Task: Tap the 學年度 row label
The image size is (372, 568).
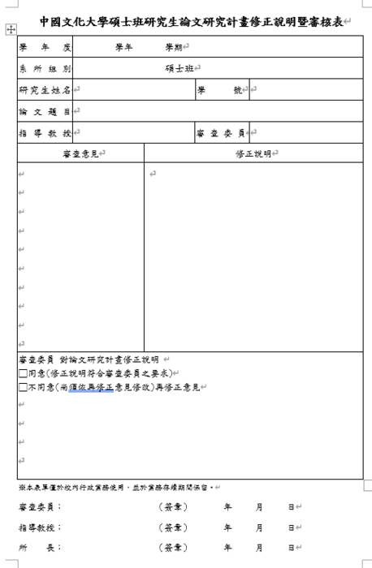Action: point(45,47)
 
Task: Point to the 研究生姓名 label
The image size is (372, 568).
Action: point(45,89)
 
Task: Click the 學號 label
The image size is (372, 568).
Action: point(221,89)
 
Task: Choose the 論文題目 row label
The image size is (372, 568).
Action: point(45,110)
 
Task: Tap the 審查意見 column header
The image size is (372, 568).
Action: point(80,153)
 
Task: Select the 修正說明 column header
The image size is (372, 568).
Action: point(253,153)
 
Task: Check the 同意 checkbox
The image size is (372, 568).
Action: point(22,374)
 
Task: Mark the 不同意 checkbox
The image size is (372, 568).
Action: point(22,388)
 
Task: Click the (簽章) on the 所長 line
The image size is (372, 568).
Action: point(172,548)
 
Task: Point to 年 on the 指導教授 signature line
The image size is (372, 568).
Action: point(228,527)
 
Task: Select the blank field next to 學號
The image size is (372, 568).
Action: point(305,89)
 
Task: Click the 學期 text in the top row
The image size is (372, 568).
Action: point(172,47)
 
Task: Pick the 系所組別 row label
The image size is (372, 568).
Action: point(45,68)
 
